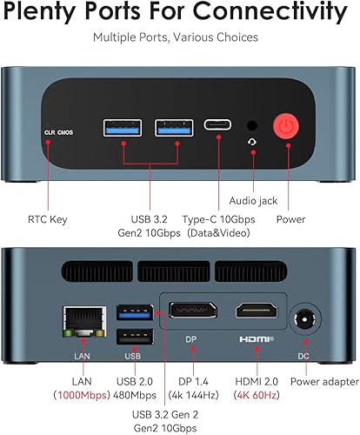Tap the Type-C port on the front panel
coord(217,124)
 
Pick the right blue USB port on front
coord(167,127)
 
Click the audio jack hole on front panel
coord(252,124)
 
